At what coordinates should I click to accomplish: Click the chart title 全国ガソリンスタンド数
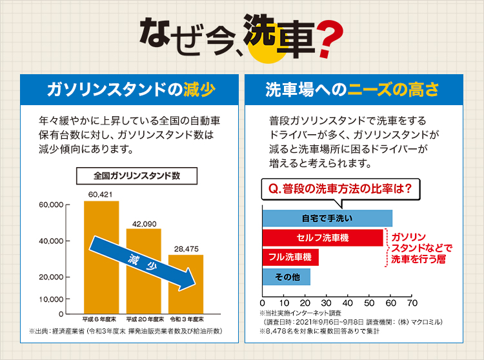[136, 175]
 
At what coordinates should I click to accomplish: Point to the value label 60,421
[101, 195]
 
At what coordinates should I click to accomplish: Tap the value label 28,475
[186, 248]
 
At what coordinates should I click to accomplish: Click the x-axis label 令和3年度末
[187, 319]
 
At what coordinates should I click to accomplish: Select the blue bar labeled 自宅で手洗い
[327, 218]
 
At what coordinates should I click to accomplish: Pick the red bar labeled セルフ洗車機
[322, 237]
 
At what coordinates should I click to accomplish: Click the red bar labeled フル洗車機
[290, 257]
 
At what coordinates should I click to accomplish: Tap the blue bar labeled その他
[286, 277]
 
